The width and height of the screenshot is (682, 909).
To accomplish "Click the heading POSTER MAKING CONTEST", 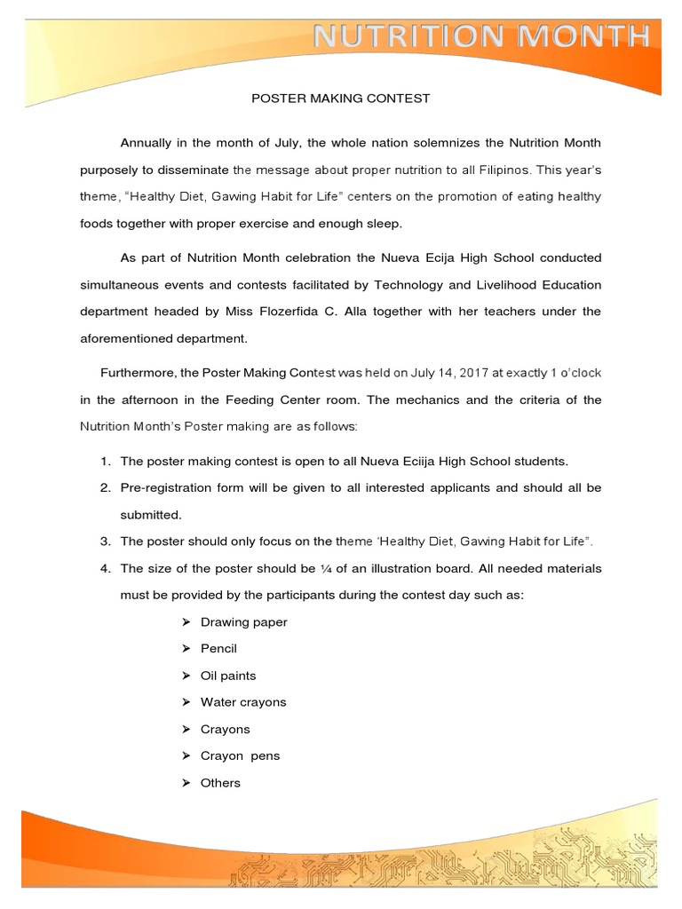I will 342,99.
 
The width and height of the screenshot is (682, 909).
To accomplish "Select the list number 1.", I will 105,462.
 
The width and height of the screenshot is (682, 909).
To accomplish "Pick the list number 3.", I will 105,541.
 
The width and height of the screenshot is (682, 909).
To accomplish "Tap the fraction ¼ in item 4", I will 324,568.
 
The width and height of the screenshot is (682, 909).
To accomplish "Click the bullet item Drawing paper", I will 244,622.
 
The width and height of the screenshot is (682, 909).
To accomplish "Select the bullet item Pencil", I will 219,649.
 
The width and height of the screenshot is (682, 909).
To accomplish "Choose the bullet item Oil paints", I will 228,676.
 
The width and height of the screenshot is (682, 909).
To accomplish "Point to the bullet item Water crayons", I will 243,702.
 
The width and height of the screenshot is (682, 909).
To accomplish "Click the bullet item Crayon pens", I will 240,756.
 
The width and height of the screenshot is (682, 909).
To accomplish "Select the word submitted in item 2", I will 150,515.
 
